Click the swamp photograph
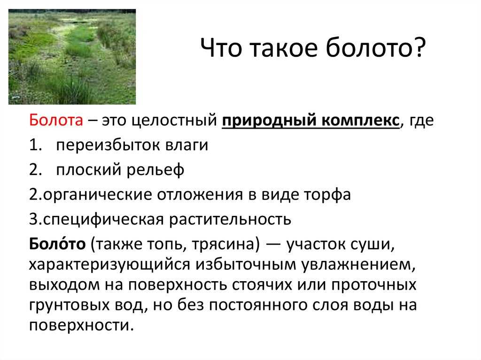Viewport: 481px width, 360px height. click(x=72, y=57)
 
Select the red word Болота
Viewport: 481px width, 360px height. click(x=56, y=120)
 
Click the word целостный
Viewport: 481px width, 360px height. click(x=174, y=120)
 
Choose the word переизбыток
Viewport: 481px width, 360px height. click(x=109, y=145)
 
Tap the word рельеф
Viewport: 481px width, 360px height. click(x=155, y=169)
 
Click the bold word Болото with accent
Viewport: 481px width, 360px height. click(x=57, y=244)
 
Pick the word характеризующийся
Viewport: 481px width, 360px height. click(x=109, y=265)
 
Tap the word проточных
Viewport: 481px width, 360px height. click(x=374, y=285)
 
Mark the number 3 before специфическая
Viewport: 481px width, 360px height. click(x=33, y=219)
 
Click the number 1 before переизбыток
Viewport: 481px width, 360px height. click(x=33, y=145)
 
